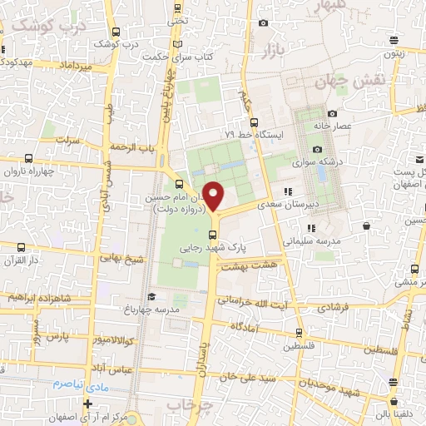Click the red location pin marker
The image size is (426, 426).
point(214,196)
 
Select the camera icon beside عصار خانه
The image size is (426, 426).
point(332,114)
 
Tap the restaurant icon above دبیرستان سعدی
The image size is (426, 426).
point(288,191)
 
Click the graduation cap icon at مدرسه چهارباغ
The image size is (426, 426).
point(151,297)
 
